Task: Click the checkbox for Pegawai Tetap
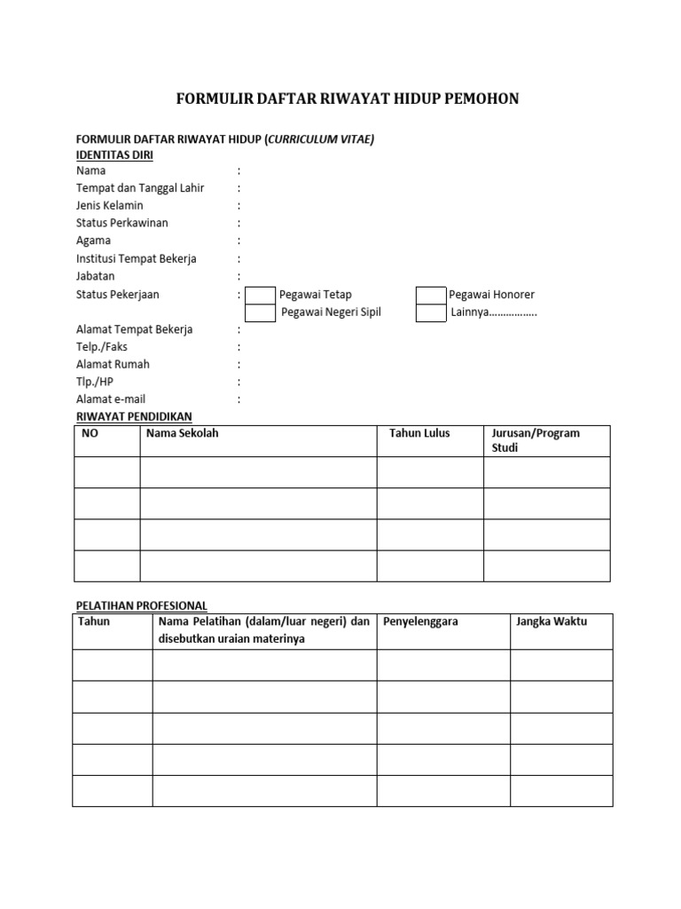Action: (x=260, y=295)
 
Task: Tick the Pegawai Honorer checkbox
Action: (x=431, y=295)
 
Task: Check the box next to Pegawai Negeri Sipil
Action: (x=260, y=312)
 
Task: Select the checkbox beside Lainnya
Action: (x=431, y=312)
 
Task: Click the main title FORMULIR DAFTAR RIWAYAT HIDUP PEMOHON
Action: (x=348, y=99)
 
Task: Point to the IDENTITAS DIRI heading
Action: (x=114, y=154)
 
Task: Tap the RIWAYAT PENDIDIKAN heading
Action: (x=134, y=416)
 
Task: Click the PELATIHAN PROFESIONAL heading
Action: (x=140, y=605)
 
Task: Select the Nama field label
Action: (x=90, y=170)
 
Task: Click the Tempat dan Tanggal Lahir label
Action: (x=140, y=188)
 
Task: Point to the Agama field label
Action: (x=94, y=241)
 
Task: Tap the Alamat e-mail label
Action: (x=111, y=399)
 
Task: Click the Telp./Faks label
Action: (x=102, y=347)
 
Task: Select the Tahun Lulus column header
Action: (x=419, y=433)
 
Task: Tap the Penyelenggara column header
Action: (x=420, y=621)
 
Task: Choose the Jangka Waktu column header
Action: (x=552, y=621)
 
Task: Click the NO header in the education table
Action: (x=90, y=433)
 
